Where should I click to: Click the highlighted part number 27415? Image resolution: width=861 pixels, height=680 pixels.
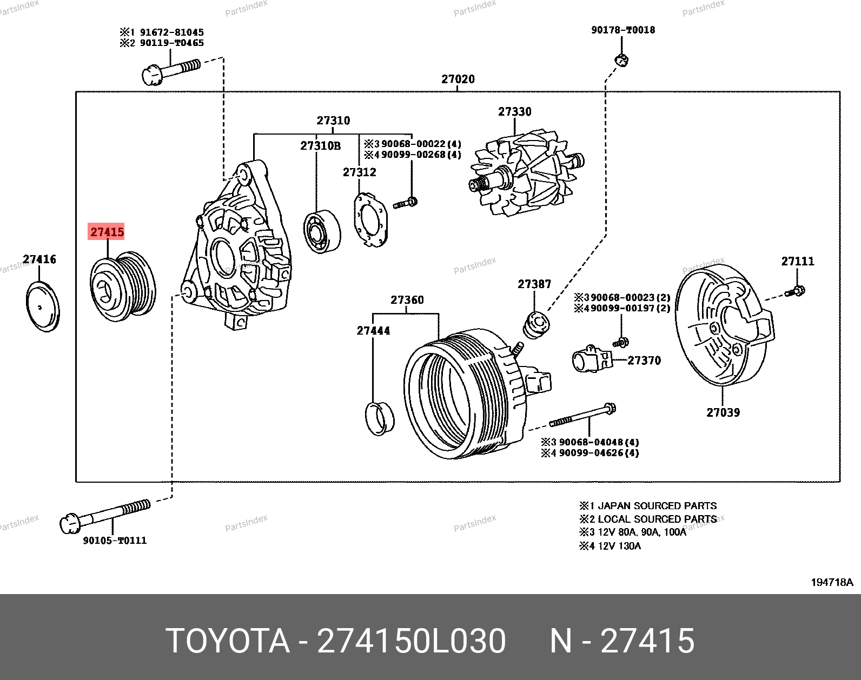point(107,232)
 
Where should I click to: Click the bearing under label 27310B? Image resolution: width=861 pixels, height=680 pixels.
point(322,230)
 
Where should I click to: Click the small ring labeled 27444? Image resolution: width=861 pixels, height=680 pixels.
point(380,418)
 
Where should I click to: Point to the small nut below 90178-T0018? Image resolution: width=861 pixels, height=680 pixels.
point(621,61)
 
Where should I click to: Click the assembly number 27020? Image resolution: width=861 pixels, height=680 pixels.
point(458,79)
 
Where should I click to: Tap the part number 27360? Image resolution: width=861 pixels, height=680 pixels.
point(407,300)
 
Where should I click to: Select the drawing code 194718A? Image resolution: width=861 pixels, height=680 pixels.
point(832,582)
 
